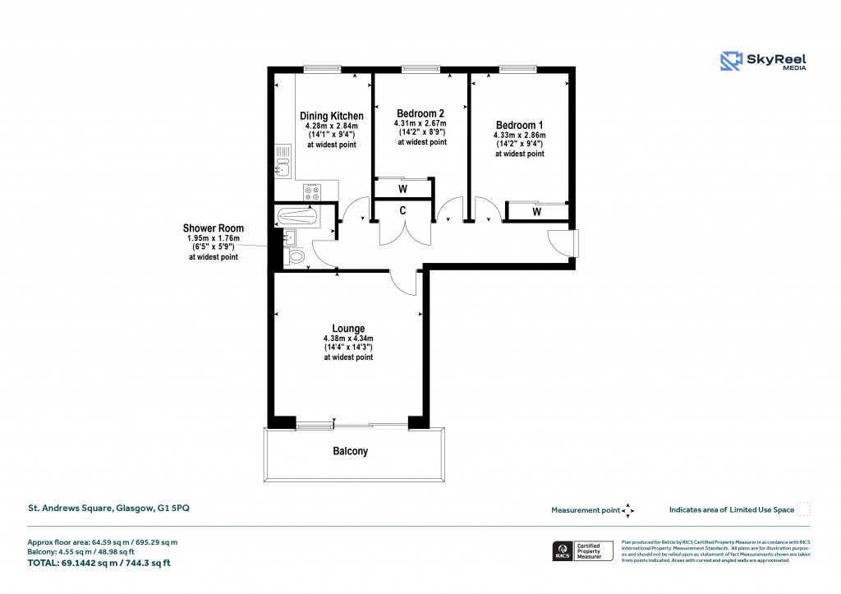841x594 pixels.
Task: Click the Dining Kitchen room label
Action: tap(331, 116)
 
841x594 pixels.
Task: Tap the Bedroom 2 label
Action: tap(420, 113)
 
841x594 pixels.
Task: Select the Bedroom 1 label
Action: tap(519, 125)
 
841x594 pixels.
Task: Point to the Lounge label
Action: tap(348, 328)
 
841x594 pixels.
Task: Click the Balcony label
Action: tap(350, 451)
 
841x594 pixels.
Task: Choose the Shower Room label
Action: tap(213, 228)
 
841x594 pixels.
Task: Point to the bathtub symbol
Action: tap(298, 218)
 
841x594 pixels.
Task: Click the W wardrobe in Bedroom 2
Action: tap(403, 189)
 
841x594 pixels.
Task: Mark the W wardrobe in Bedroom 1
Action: tap(536, 212)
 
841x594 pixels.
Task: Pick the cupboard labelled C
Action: tap(403, 210)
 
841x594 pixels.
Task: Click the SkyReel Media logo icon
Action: tap(732, 61)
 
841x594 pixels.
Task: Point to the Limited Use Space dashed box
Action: tap(804, 509)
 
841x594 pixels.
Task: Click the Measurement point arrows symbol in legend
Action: tap(628, 510)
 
